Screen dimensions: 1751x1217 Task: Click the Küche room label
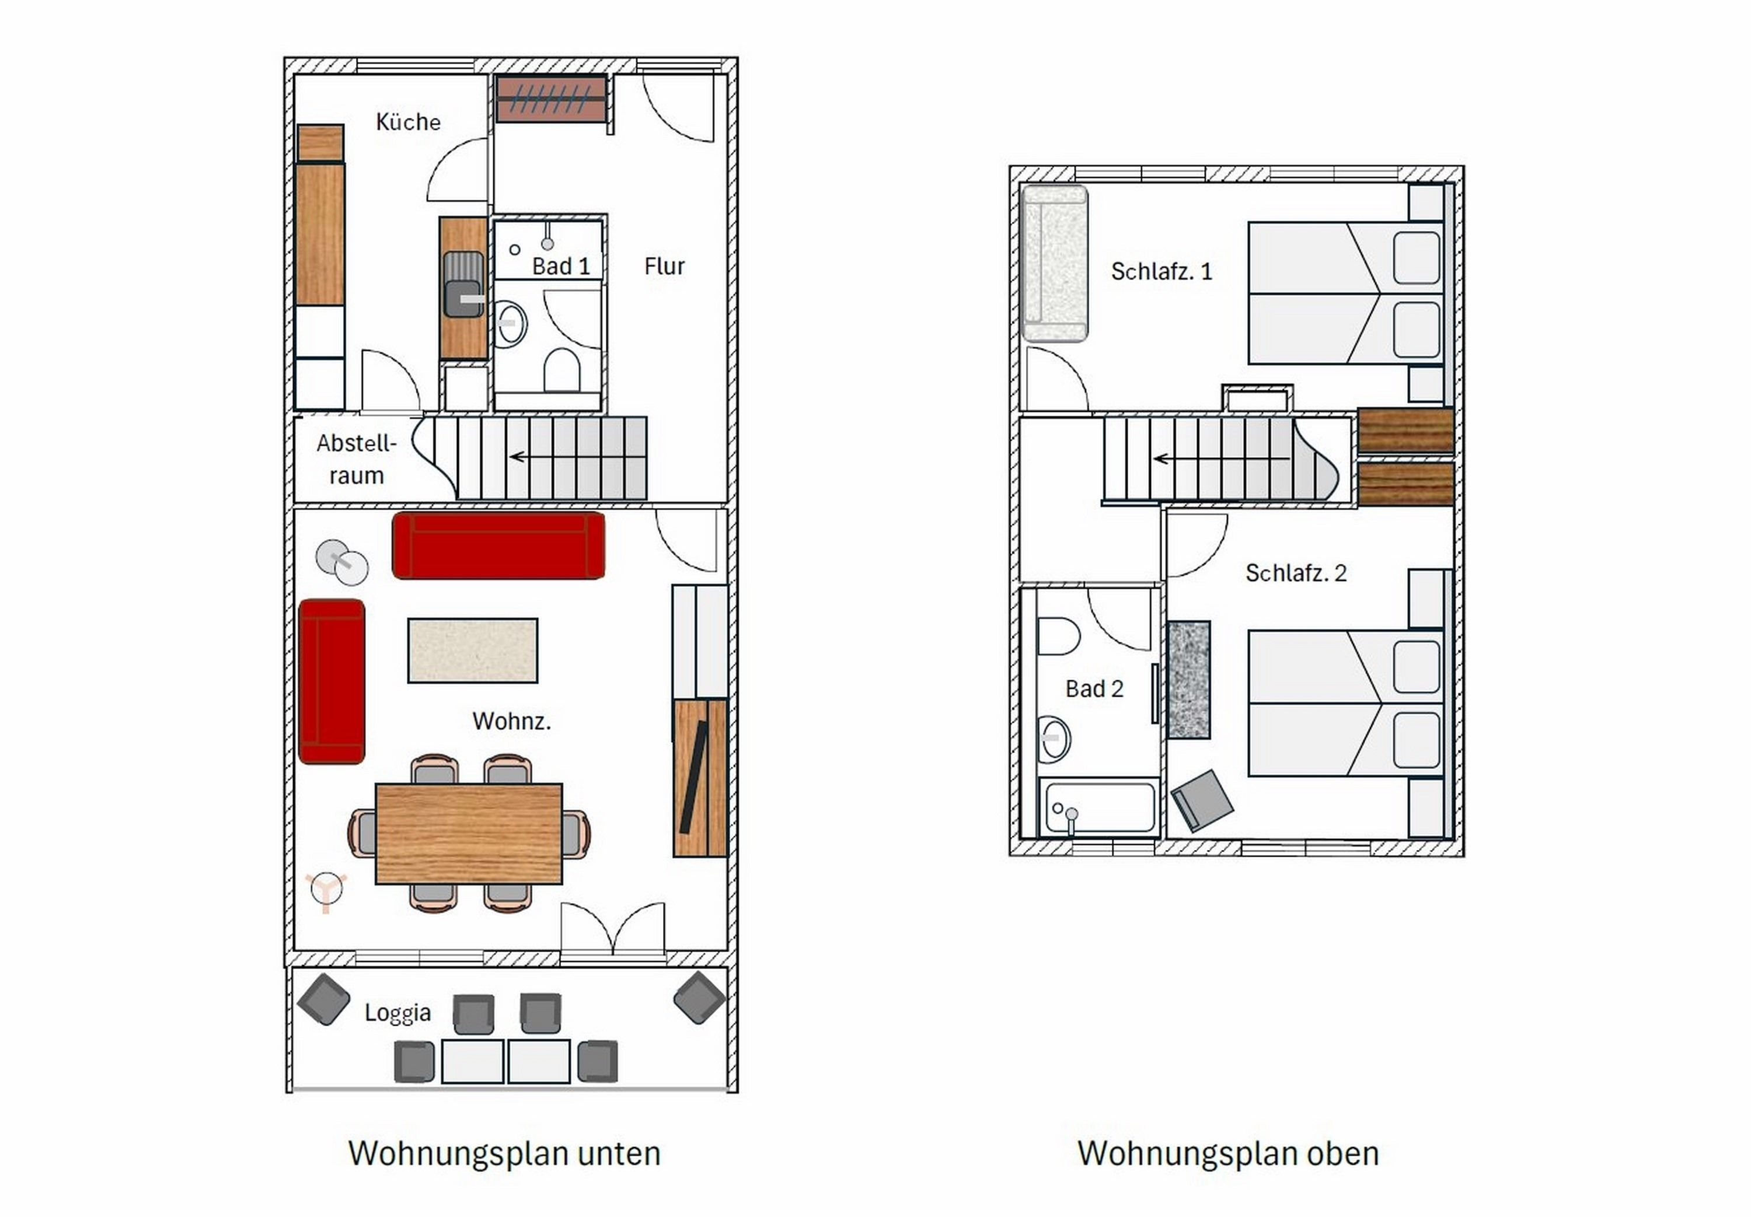408,122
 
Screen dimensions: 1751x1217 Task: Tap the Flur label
664,266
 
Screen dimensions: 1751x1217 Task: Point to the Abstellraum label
357,459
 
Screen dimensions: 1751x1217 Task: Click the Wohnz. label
511,721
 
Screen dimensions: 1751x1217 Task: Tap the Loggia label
397,1013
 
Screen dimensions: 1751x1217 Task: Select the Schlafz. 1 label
1161,271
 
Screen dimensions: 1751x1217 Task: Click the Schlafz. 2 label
1296,573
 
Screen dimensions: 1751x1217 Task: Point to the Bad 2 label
1094,688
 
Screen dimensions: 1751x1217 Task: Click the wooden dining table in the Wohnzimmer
469,834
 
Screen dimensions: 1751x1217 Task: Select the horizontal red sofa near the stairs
499,546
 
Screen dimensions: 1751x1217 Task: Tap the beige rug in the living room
473,651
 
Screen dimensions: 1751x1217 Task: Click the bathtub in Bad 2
1100,807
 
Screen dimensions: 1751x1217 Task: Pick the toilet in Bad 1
562,370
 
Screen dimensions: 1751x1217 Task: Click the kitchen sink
463,285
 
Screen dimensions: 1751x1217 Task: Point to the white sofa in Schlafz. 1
1055,263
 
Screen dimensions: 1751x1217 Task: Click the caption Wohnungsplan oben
1228,1153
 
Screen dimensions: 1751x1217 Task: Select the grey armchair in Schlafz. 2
1202,800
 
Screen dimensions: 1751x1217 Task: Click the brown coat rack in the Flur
552,99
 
